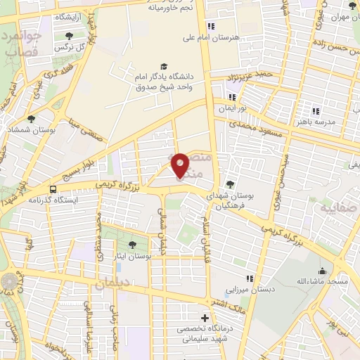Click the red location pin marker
click(181, 165)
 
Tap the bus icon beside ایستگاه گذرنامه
click(53, 188)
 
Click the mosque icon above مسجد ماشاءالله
click(323, 271)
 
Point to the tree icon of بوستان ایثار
click(133, 244)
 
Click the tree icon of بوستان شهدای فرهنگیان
click(230, 184)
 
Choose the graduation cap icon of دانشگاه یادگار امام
click(164, 65)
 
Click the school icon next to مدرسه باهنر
click(316, 110)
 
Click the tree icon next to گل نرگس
click(69, 37)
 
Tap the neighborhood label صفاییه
click(335, 209)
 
